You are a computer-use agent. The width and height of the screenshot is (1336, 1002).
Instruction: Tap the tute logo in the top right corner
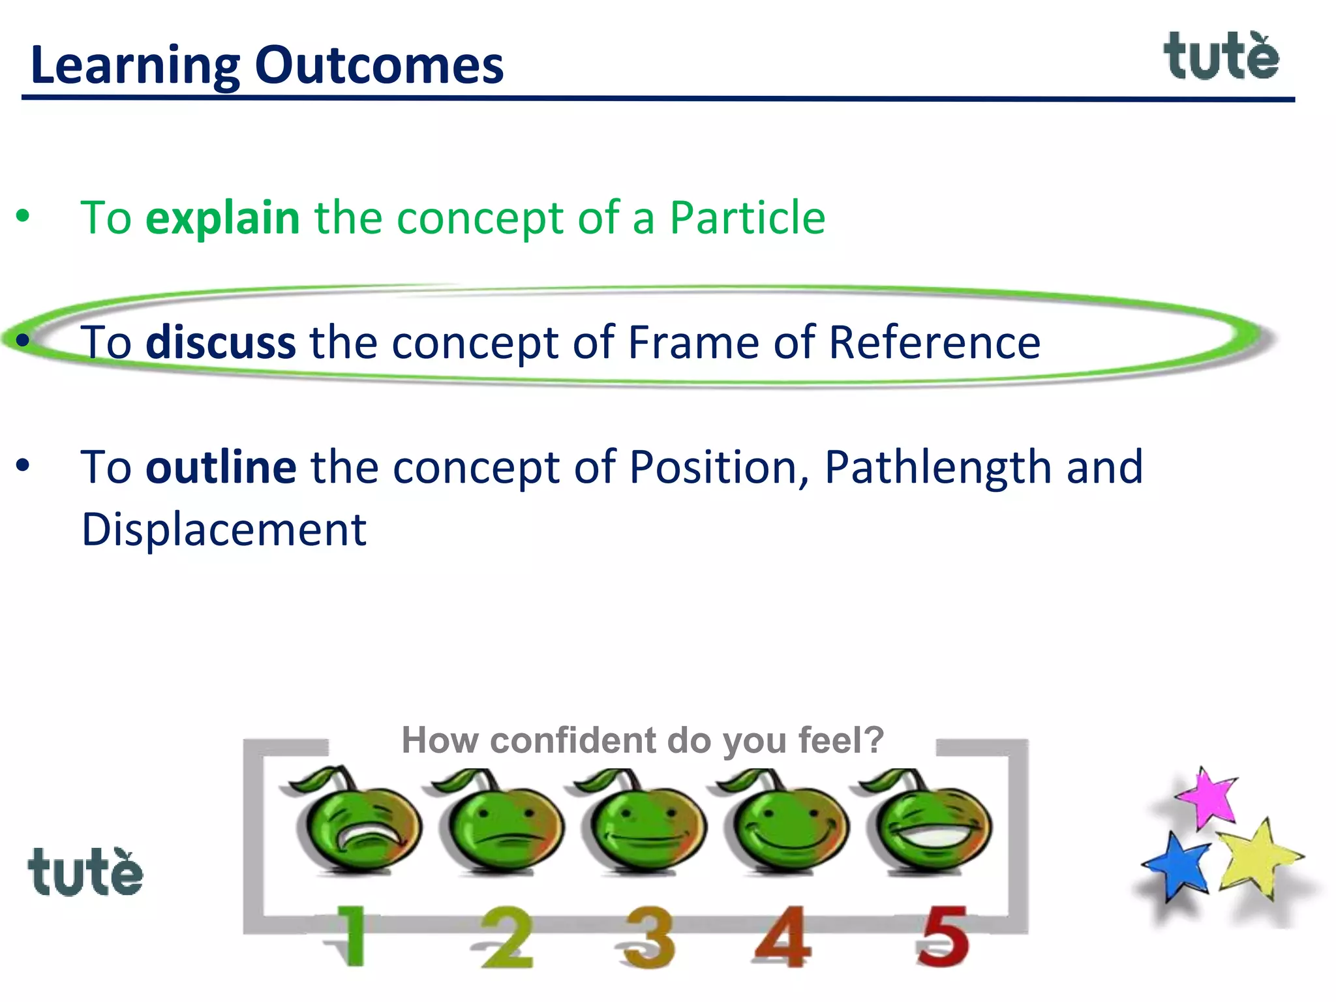point(1221,57)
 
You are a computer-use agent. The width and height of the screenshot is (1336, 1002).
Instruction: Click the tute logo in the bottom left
point(85,873)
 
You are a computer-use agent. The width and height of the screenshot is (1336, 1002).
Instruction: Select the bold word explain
point(222,218)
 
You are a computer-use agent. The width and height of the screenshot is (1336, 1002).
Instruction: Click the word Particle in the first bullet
point(748,218)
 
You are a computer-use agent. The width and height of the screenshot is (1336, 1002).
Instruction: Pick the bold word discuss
point(220,342)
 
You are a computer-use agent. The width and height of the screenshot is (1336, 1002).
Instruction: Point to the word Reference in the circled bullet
point(934,342)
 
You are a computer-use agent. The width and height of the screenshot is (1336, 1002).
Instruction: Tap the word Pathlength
point(938,467)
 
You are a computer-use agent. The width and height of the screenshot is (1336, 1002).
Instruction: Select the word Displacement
point(224,530)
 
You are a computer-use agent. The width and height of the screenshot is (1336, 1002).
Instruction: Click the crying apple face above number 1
point(357,825)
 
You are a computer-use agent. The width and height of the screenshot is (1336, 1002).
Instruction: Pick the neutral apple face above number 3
point(645,825)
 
